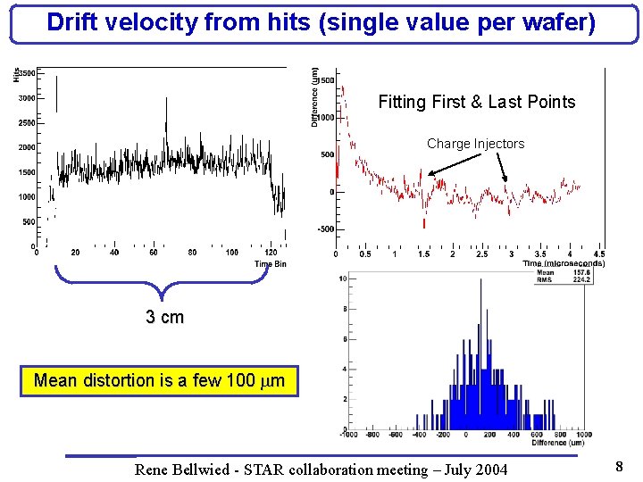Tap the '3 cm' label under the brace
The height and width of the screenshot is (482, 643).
click(164, 317)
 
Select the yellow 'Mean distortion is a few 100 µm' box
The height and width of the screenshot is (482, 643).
click(159, 381)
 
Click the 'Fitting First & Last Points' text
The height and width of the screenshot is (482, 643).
click(476, 102)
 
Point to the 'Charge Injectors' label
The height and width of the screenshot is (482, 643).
click(475, 144)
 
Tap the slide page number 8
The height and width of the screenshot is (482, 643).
click(619, 466)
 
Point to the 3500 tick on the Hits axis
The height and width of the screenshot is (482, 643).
click(27, 73)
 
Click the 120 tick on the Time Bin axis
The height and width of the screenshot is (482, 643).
click(271, 253)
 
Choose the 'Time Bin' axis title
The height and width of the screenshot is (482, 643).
click(271, 264)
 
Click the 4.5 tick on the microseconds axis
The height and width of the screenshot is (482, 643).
click(598, 254)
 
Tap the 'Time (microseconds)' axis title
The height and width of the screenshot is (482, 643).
click(563, 263)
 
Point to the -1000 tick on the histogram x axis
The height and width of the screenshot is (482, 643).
click(349, 434)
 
